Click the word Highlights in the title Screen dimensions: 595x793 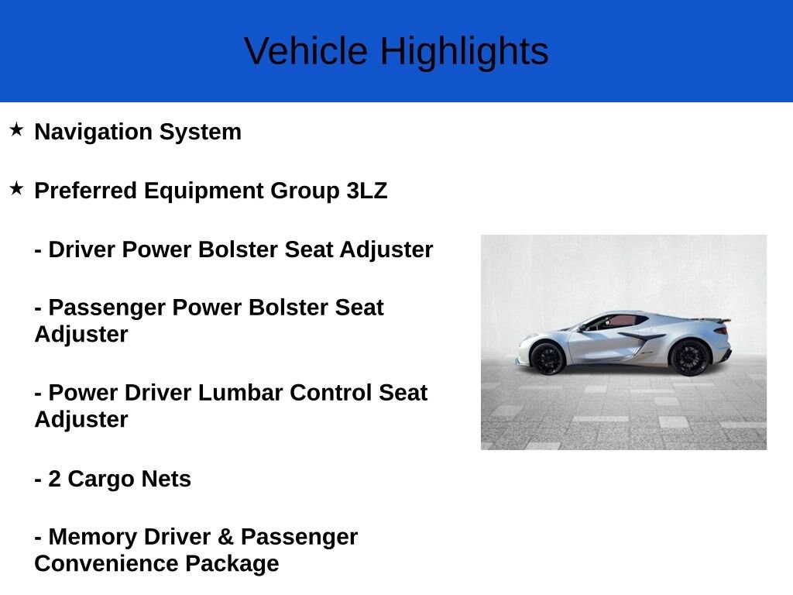pos(464,52)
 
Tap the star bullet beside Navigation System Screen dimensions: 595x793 pos(16,129)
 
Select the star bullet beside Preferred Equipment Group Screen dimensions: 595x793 pos(16,188)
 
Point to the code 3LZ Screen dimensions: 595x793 pos(366,191)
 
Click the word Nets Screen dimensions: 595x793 pos(166,479)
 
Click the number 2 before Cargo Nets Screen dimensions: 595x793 pos(54,479)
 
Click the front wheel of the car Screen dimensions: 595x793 pos(548,358)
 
